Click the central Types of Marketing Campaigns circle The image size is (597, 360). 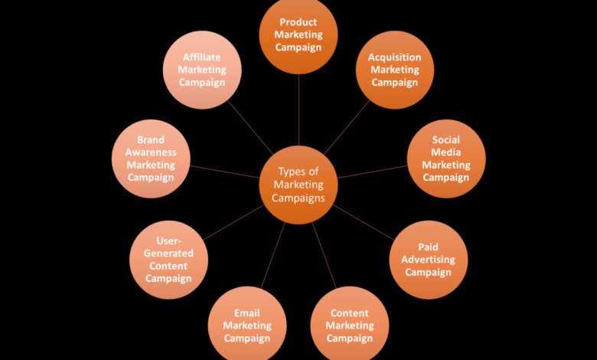[298, 185]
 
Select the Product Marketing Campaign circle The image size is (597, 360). [298, 34]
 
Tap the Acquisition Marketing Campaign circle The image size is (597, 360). [395, 70]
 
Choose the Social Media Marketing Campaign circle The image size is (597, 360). [446, 159]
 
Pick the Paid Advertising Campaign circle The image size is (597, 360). [429, 260]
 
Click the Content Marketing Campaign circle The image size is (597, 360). [350, 326]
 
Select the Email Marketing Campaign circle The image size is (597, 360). [247, 326]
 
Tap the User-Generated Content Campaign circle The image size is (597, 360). [168, 260]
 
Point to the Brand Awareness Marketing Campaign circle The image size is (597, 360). [151, 159]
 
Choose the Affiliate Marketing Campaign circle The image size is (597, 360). [202, 70]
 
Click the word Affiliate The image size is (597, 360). [202, 57]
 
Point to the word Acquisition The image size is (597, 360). [394, 57]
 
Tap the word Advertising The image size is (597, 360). [428, 260]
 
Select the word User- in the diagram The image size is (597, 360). [168, 241]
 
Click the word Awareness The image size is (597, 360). [151, 152]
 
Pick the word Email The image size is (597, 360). [246, 313]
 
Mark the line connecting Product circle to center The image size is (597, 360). [298, 110]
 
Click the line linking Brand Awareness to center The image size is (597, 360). [224, 172]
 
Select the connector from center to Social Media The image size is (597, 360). [373, 172]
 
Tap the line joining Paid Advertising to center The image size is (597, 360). [364, 222]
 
